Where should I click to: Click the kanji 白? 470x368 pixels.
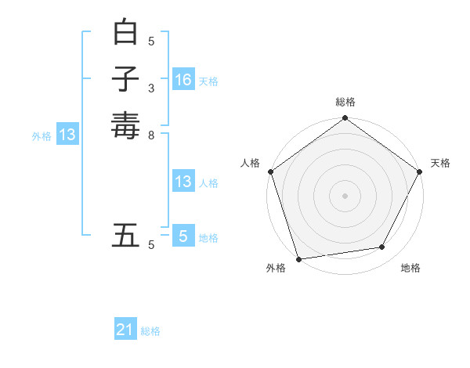(x=125, y=33)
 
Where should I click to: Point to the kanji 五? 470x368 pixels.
(x=125, y=235)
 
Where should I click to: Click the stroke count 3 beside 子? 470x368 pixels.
(x=151, y=88)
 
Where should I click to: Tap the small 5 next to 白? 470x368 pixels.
(x=151, y=41)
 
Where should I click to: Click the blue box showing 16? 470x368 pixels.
(x=183, y=79)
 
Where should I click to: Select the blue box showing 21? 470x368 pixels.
(x=125, y=330)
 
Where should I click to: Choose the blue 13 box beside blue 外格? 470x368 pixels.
(x=67, y=135)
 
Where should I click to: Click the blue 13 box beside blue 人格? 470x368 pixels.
(x=183, y=182)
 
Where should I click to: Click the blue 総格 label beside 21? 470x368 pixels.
(x=150, y=331)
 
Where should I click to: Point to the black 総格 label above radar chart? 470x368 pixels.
(x=345, y=103)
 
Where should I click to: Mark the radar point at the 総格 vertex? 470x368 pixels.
(x=345, y=119)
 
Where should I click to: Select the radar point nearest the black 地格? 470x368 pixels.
(x=382, y=247)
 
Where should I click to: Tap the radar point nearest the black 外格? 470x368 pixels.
(x=298, y=259)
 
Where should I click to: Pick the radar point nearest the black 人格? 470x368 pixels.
(x=270, y=171)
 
